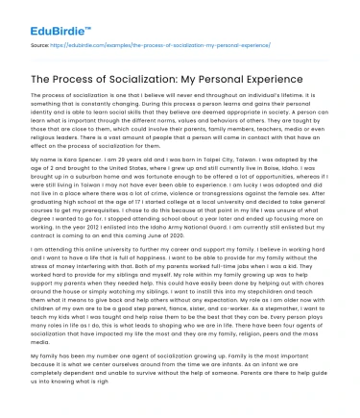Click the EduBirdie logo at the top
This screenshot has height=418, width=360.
(x=45, y=12)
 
